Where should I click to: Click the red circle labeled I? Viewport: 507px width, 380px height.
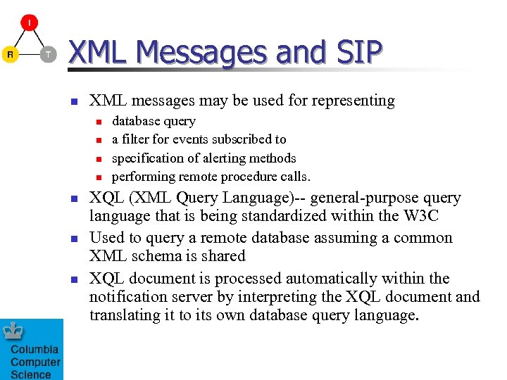point(29,23)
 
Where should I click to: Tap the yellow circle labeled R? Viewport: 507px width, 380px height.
point(10,54)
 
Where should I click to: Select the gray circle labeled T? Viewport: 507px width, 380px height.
point(47,54)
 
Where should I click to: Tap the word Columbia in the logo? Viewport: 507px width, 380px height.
point(35,350)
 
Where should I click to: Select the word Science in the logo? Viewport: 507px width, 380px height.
point(31,374)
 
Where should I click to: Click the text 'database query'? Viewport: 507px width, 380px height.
point(154,121)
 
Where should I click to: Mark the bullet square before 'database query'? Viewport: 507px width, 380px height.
point(99,122)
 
